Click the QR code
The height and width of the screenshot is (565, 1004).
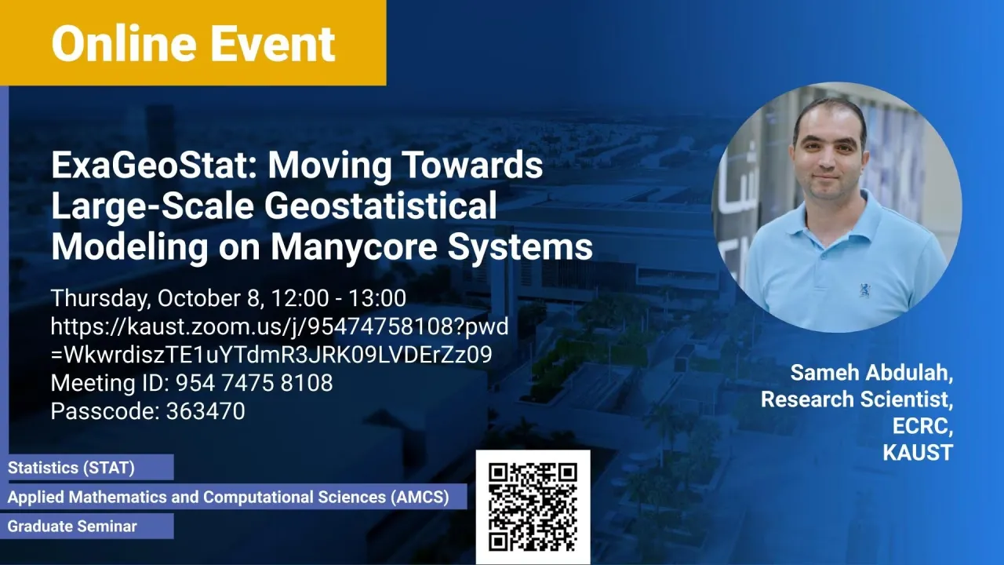pos(533,507)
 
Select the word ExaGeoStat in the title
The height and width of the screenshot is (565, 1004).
pos(154,166)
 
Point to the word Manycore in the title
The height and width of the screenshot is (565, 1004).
pos(354,247)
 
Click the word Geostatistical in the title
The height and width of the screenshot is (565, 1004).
pos(380,206)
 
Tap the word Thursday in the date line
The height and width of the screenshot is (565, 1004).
pos(101,299)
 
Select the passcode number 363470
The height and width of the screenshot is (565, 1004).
pos(206,410)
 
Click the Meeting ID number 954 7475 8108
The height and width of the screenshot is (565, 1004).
pos(254,383)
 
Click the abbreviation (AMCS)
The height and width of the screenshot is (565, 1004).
pos(420,497)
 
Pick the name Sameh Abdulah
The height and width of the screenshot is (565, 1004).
pos(871,373)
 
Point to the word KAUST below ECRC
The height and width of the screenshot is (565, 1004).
pos(918,452)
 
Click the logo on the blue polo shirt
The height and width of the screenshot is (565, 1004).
pos(864,290)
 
